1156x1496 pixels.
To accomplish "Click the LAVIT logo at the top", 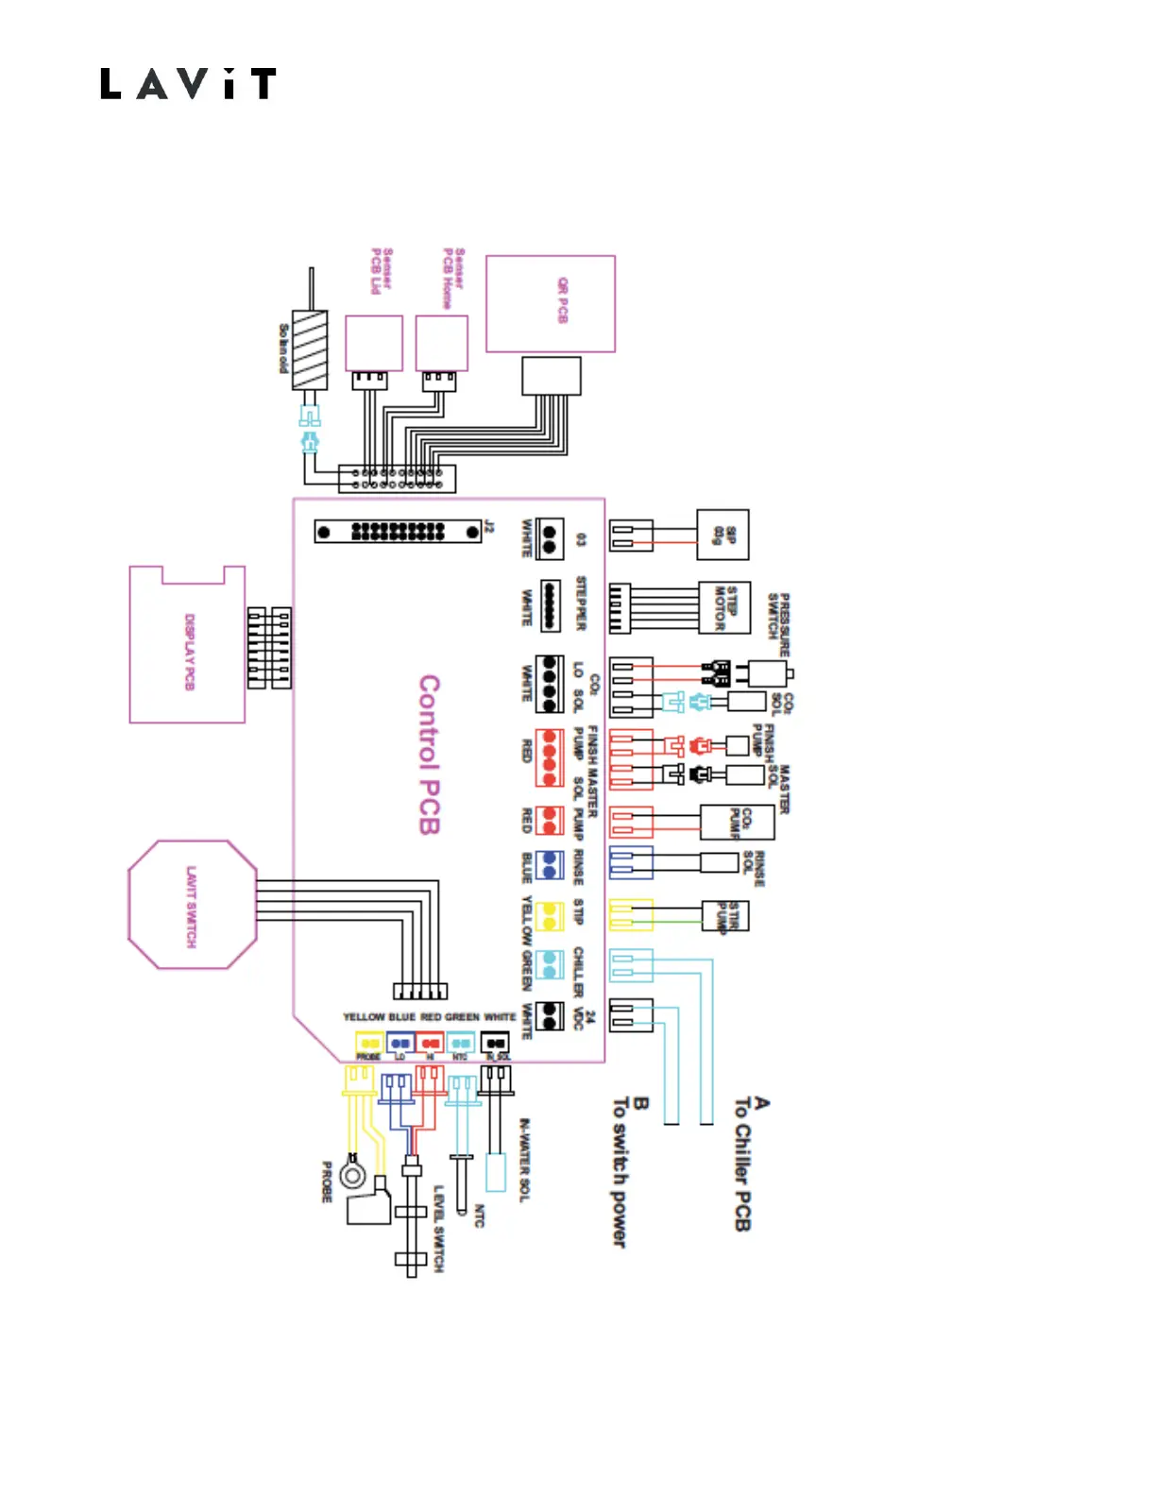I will coord(188,84).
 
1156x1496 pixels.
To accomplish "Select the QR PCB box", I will coord(551,303).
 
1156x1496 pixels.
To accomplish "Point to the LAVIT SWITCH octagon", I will coord(192,905).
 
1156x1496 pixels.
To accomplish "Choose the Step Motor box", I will coord(724,606).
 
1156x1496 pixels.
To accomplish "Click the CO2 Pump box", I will coord(737,822).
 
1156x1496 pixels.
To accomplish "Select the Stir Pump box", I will coord(725,915).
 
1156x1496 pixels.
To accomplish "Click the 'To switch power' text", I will coord(620,1171).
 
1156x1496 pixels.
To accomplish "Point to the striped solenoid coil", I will coord(310,349).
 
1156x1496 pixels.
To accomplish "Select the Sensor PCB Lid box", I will coord(374,343).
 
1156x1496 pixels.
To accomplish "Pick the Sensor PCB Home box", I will coord(442,343).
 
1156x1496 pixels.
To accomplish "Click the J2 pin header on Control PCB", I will coord(398,532).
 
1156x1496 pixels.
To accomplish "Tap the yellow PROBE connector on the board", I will coord(368,1044).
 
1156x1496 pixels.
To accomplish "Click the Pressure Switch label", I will coord(779,624).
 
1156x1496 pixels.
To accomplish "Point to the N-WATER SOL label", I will coord(525,1160).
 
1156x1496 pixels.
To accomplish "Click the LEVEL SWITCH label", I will coord(438,1229).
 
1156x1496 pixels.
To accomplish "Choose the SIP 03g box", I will coord(722,535).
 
